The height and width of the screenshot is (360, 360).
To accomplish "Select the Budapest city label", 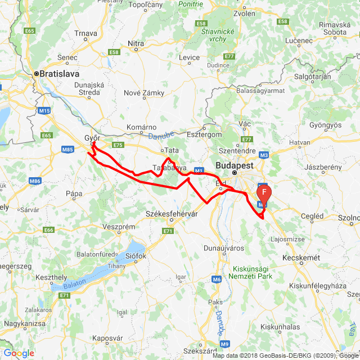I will pyautogui.click(x=235, y=166).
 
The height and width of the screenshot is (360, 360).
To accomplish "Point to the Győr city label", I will pyautogui.click(x=92, y=138).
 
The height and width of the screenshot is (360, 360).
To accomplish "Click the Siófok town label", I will pyautogui.click(x=135, y=256).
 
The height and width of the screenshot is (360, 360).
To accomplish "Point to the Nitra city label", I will pyautogui.click(x=136, y=43).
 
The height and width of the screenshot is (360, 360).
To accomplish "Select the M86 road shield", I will pyautogui.click(x=35, y=181).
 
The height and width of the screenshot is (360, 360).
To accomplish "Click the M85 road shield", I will pyautogui.click(x=68, y=149).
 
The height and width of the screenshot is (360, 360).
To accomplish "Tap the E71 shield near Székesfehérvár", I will pyautogui.click(x=168, y=231).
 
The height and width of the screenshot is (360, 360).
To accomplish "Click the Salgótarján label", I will pyautogui.click(x=313, y=77).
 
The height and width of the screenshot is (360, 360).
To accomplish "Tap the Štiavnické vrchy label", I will pyautogui.click(x=217, y=35).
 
